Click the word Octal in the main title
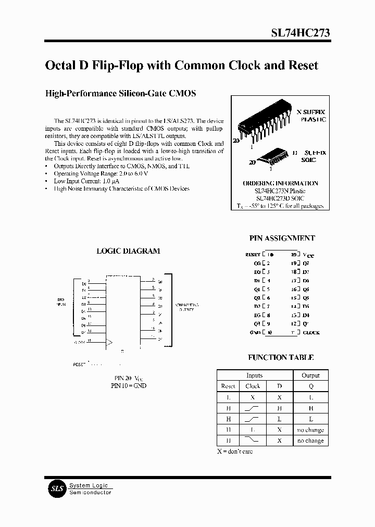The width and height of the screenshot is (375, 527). point(61,66)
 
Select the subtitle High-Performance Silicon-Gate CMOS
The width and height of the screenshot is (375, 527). point(121,94)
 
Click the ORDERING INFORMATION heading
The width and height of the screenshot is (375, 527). point(280,183)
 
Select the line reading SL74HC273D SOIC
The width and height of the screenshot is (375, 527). point(280,198)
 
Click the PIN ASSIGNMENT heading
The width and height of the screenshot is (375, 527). point(282,238)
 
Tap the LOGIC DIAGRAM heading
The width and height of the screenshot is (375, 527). point(128,250)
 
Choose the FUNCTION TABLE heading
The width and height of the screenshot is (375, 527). point(280,357)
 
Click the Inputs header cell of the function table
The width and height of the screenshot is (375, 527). point(254,375)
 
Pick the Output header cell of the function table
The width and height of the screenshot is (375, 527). point(310,375)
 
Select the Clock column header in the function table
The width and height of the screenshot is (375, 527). point(253,386)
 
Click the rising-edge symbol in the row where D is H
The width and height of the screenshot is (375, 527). point(253,408)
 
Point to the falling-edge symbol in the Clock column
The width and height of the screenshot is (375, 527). point(253,441)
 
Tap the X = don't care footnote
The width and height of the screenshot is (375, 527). point(235,451)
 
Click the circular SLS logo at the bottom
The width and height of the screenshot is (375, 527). point(56,488)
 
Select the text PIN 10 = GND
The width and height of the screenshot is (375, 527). point(129,386)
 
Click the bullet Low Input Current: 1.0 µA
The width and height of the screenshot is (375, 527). point(86,181)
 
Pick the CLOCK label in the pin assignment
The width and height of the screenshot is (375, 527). point(311,332)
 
